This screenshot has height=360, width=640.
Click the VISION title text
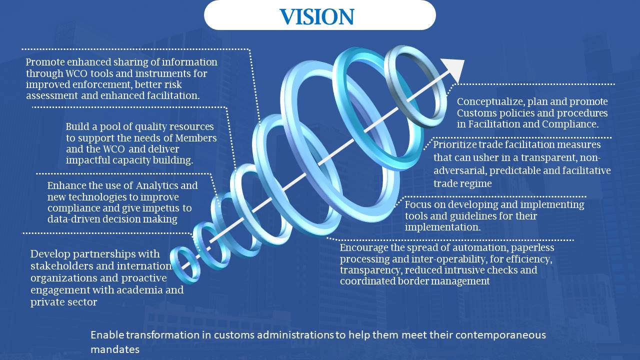317,16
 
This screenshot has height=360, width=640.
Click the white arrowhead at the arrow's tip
454,68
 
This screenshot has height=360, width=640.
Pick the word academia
150,290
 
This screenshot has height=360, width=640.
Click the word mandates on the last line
115,349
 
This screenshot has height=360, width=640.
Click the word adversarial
456,170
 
